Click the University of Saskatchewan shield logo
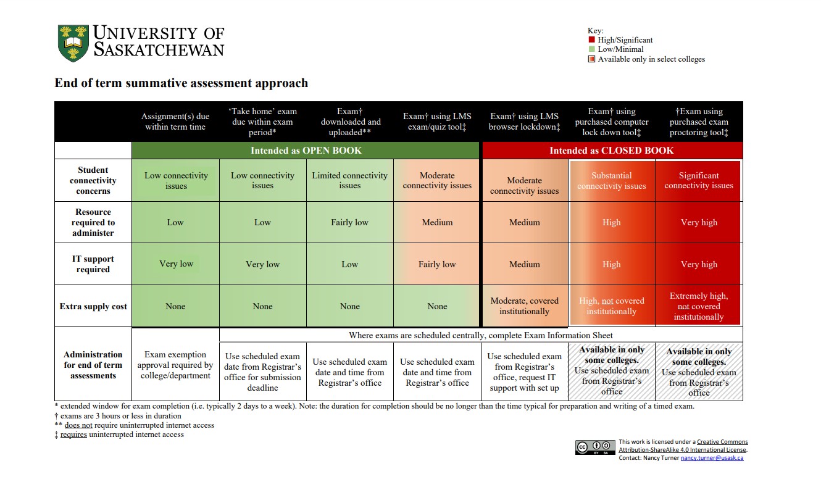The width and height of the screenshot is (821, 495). point(73,43)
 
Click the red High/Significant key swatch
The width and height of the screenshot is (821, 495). point(591,40)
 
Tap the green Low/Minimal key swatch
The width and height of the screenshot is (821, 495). point(591,49)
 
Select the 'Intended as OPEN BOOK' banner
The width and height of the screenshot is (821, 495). point(306,151)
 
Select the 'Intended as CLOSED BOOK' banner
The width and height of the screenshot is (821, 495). point(612,151)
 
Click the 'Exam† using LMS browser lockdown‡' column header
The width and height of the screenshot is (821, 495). point(525,122)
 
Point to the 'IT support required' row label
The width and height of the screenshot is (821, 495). point(93,264)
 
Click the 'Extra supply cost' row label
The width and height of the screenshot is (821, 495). point(93,306)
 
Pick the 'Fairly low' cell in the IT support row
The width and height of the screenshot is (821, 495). point(437,264)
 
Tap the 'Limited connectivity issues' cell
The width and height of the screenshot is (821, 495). point(349,180)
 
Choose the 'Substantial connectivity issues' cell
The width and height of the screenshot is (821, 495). point(612,181)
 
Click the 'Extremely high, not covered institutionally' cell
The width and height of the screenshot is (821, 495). point(699,306)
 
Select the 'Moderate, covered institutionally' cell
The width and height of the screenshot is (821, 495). point(525,306)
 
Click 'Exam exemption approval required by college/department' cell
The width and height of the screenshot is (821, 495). point(175,365)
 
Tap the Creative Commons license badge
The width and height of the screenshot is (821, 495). point(595,447)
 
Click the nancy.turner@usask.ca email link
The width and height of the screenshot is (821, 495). point(712,458)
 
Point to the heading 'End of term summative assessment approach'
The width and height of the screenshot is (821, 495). point(181,83)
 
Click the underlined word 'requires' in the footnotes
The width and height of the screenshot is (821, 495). point(73,435)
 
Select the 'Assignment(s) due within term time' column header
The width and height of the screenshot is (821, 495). point(175,122)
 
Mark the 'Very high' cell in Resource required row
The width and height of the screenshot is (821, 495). point(699,222)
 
